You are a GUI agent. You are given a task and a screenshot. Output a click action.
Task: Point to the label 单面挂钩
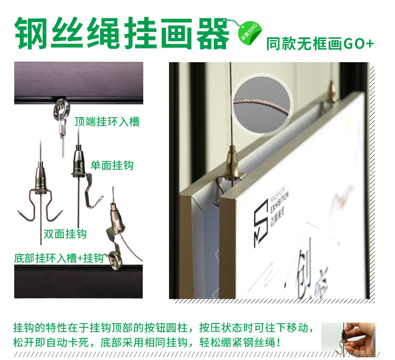(x=112, y=165)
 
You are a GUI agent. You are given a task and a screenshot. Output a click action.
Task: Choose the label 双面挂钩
(x=65, y=233)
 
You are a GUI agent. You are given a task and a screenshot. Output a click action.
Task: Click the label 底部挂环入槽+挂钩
(x=58, y=258)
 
